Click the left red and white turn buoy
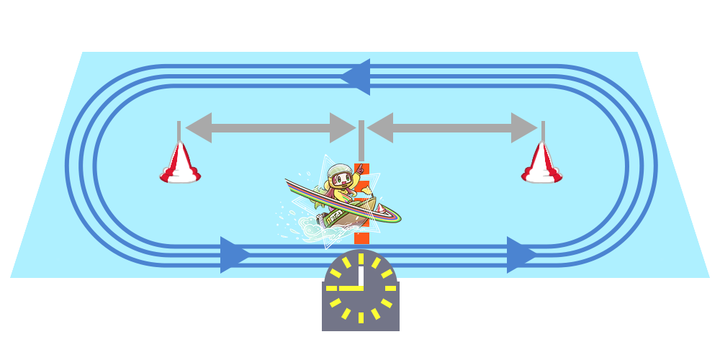[x=180, y=164]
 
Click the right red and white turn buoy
[x=542, y=164]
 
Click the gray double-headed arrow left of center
[x=271, y=127]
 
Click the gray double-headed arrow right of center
[x=452, y=127]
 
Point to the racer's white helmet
[x=338, y=173]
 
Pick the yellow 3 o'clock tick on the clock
[x=390, y=287]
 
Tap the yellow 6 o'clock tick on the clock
[x=360, y=317]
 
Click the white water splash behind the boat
[x=306, y=227]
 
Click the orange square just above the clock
[x=361, y=238]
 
